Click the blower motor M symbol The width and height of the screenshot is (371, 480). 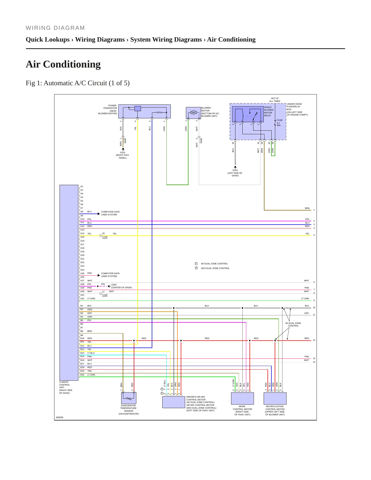193,112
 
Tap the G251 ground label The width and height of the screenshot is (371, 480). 123,152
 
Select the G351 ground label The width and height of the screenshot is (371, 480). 235,170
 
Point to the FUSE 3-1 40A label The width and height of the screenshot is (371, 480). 279,123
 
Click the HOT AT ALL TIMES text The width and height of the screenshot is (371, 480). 275,100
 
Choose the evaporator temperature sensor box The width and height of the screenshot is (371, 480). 129,398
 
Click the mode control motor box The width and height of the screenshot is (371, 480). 242,398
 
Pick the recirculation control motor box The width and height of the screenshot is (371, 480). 275,398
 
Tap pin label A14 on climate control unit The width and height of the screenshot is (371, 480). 82,234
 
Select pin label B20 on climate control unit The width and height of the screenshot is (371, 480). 82,375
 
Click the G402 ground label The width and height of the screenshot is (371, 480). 114,285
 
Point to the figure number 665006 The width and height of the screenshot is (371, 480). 60,417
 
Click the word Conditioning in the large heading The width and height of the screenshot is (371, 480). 72,64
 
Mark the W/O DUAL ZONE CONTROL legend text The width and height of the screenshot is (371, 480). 215,268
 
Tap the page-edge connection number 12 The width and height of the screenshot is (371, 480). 314,340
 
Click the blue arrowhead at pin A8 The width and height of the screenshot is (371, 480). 99,214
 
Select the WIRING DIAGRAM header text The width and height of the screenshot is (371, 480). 55,28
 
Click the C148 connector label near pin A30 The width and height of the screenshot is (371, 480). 105,295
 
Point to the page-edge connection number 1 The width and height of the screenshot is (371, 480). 314,210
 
